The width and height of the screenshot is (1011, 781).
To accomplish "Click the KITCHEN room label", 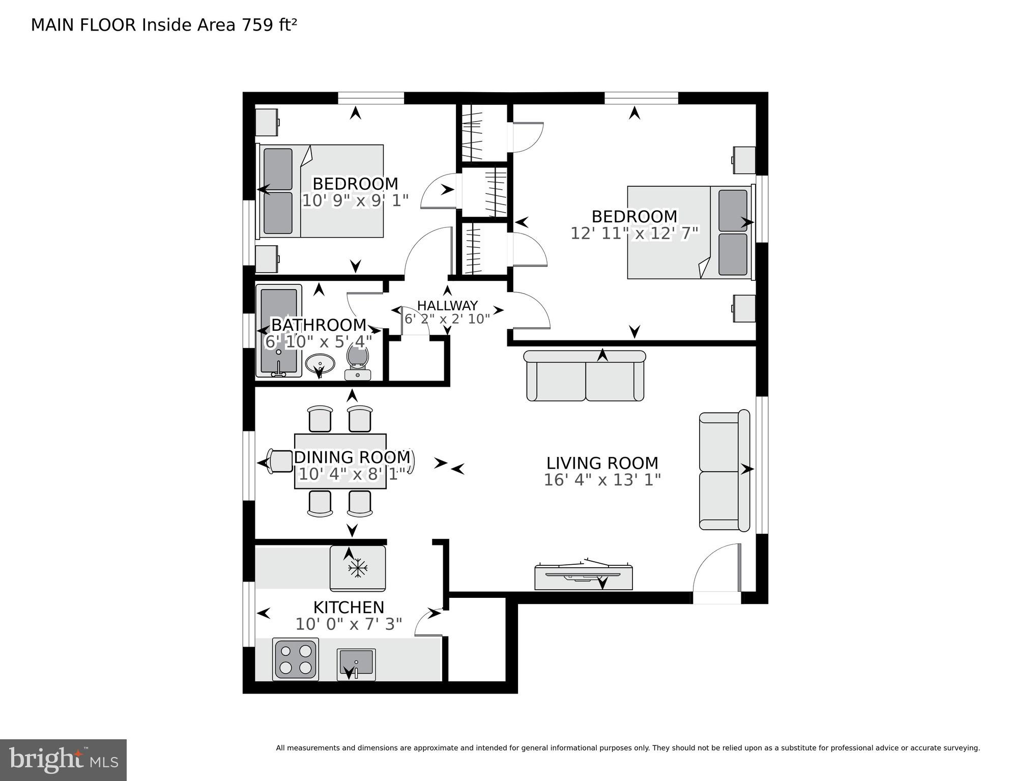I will [349, 607].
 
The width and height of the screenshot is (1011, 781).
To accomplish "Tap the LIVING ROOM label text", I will [602, 463].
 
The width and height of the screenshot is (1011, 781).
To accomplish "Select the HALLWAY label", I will [447, 305].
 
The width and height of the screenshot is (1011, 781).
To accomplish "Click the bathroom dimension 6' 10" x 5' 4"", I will [319, 341].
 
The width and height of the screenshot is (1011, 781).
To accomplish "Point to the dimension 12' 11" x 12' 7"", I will [634, 233].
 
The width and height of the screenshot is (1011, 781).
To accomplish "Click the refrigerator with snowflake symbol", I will [358, 568].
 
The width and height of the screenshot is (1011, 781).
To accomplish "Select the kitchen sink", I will [356, 664].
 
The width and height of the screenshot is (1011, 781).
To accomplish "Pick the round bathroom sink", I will [320, 364].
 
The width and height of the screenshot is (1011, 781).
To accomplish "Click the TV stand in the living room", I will [583, 577].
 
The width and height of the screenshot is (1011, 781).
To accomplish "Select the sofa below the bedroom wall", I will [585, 375].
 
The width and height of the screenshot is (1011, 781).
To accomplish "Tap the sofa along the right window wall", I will [724, 471].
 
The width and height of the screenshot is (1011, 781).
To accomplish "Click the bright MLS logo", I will [63, 760].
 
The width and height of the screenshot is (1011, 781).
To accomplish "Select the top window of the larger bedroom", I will [641, 98].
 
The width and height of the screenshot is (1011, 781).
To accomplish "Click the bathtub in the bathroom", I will [278, 331].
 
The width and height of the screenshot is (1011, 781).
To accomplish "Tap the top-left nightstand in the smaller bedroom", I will [267, 122].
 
